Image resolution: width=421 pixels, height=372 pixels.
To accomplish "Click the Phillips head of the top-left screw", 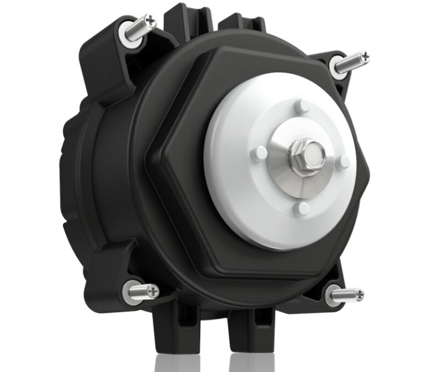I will (150, 22).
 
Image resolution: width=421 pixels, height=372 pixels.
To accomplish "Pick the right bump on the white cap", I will (344, 162).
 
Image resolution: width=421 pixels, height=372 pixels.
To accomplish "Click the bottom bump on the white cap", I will (300, 209).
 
